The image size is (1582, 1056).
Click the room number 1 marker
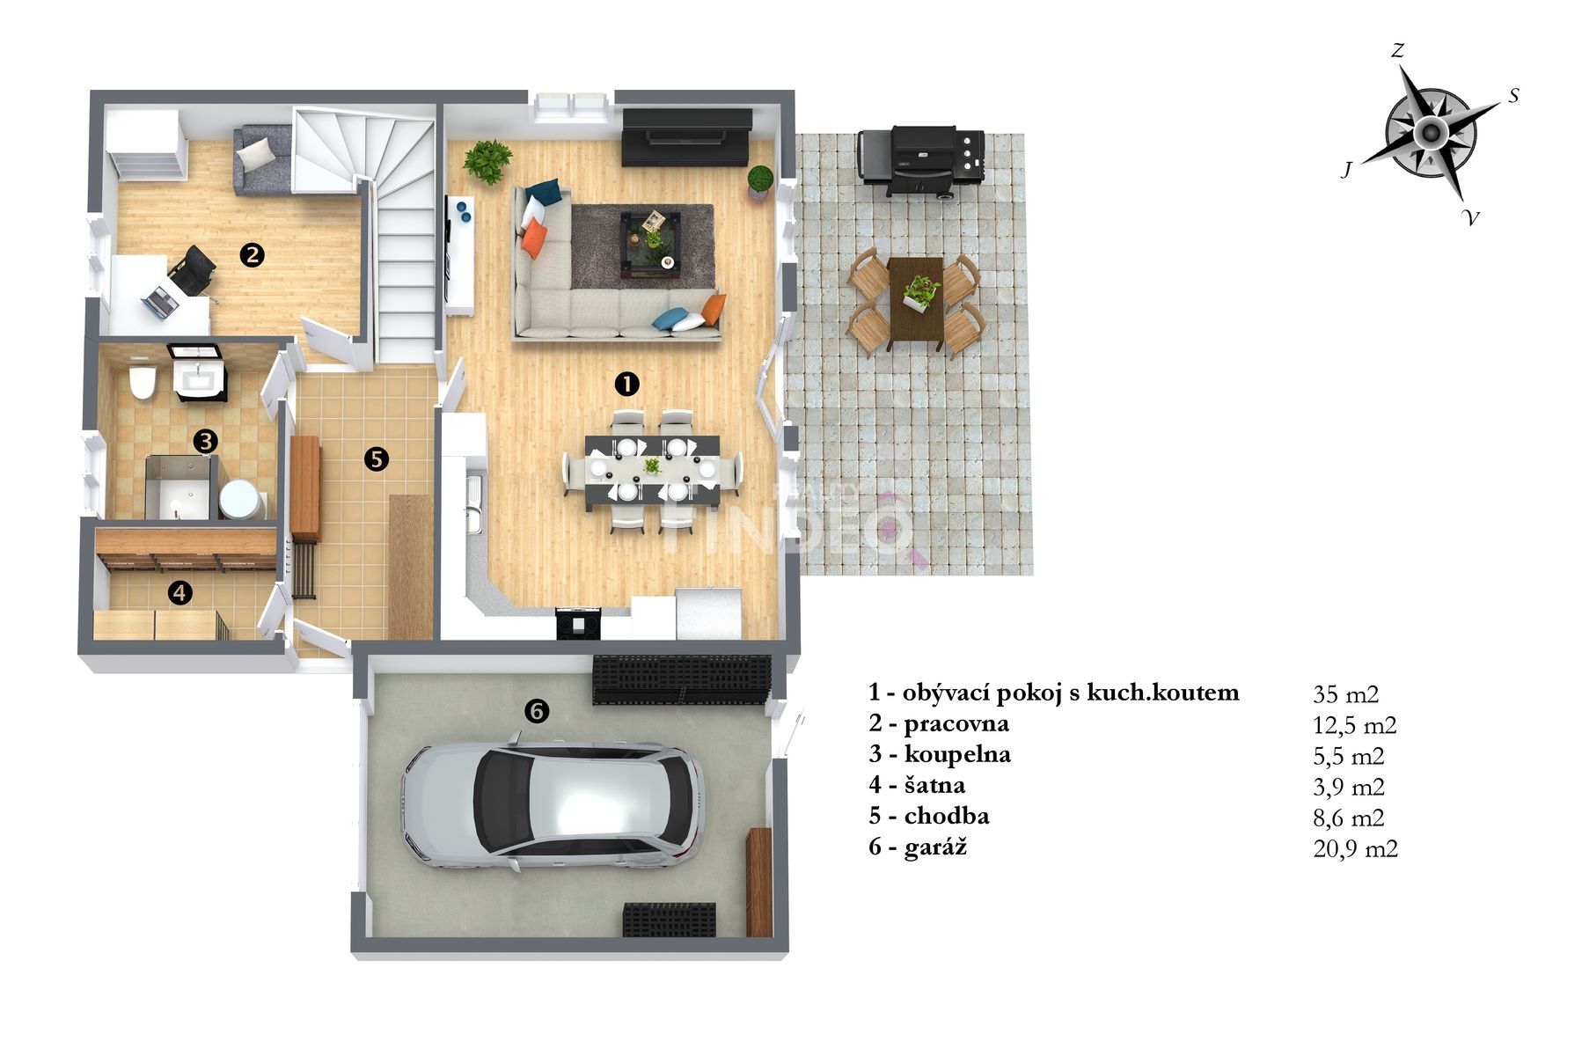626,383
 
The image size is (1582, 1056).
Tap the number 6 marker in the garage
536,710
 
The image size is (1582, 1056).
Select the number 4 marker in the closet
179,592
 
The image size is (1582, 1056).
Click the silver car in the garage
553,805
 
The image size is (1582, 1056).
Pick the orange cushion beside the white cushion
535,238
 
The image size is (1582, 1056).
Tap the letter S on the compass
1513,95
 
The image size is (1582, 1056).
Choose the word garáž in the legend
935,847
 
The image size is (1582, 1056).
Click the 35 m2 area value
1345,694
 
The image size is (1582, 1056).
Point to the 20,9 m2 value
1355,848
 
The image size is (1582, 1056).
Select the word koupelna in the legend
957,755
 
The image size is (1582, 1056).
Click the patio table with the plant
915,298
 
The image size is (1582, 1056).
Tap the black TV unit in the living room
686,136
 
